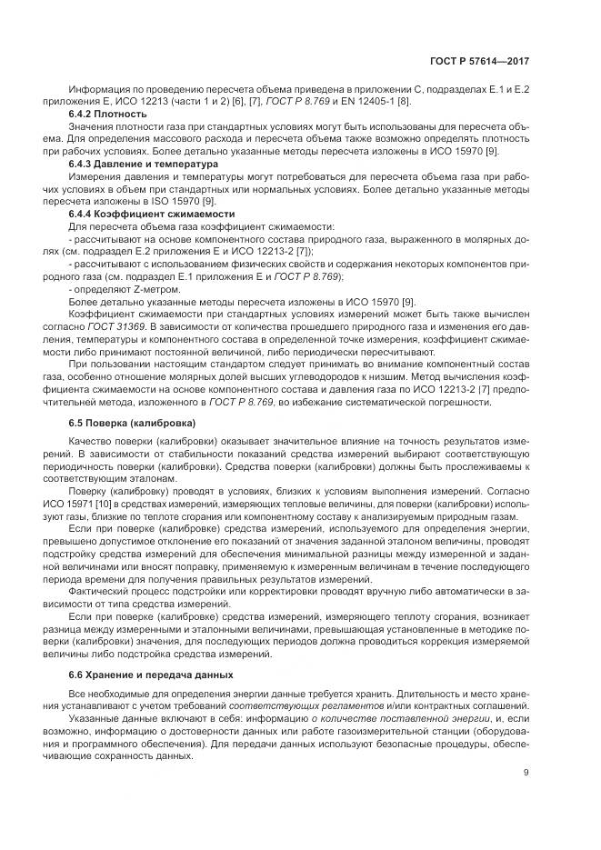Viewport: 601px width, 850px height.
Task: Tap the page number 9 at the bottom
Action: (x=526, y=774)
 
